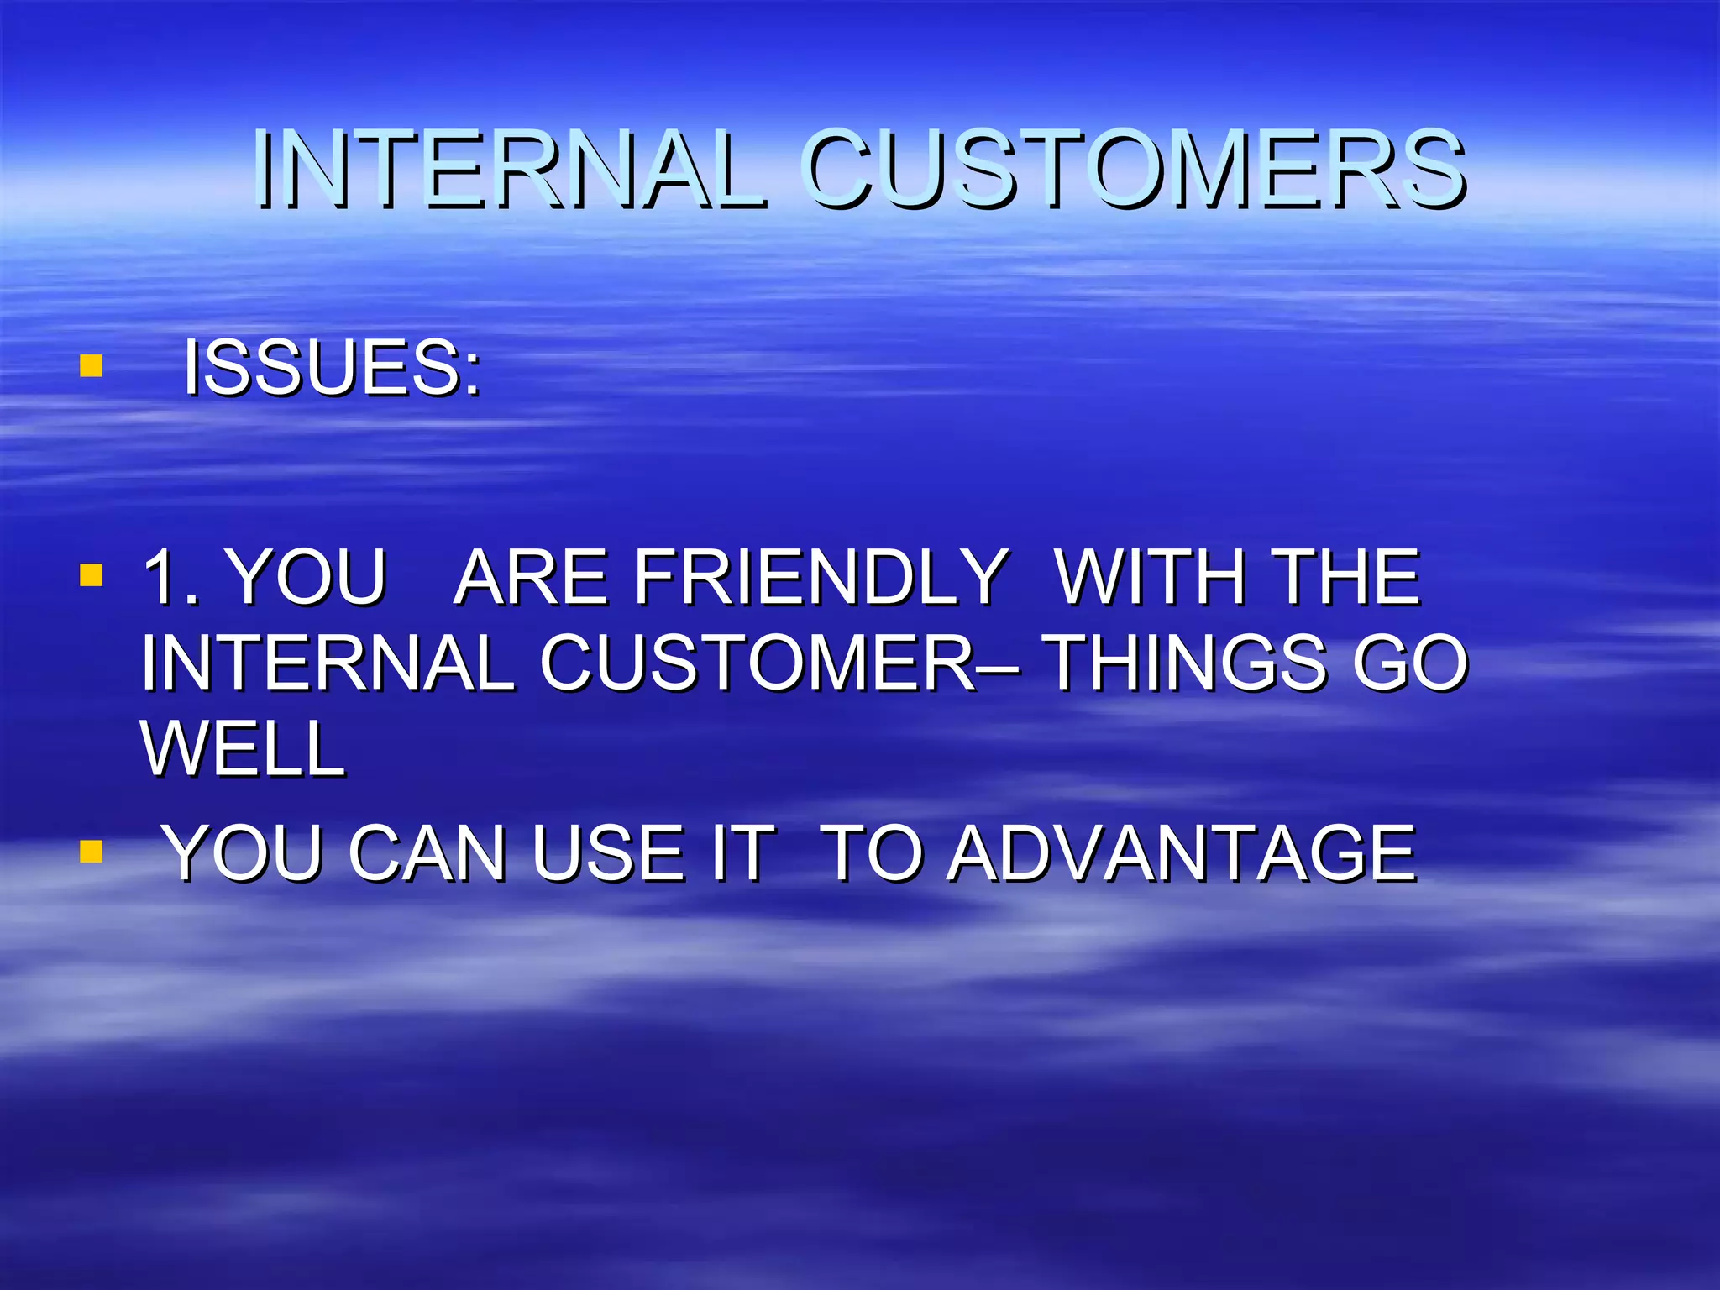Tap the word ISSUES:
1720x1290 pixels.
333,368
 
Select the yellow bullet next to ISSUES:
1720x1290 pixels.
91,366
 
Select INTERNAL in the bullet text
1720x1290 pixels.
328,663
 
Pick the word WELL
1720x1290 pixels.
244,748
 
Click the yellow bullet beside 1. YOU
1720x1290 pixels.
91,575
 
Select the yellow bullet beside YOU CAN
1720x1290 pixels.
91,852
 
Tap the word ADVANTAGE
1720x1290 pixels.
1182,853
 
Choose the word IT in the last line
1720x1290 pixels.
742,853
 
